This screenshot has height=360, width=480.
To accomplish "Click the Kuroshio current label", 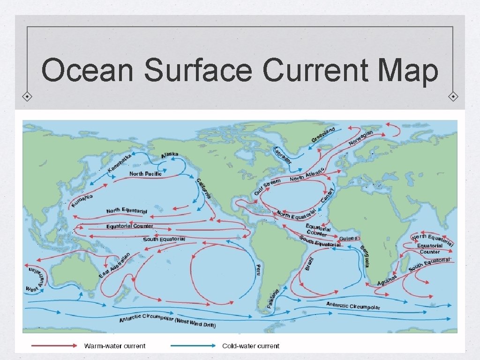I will (82, 200).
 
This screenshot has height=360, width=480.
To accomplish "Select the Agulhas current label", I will (388, 280).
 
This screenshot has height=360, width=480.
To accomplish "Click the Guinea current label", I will (349, 239).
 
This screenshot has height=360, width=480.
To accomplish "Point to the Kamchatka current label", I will (119, 162).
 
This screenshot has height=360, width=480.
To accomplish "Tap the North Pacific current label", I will (145, 174).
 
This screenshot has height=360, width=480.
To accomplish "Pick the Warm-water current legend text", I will (115, 346).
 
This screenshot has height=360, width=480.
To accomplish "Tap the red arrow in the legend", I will (54, 346).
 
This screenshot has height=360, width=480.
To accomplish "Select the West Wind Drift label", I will (195, 323).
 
